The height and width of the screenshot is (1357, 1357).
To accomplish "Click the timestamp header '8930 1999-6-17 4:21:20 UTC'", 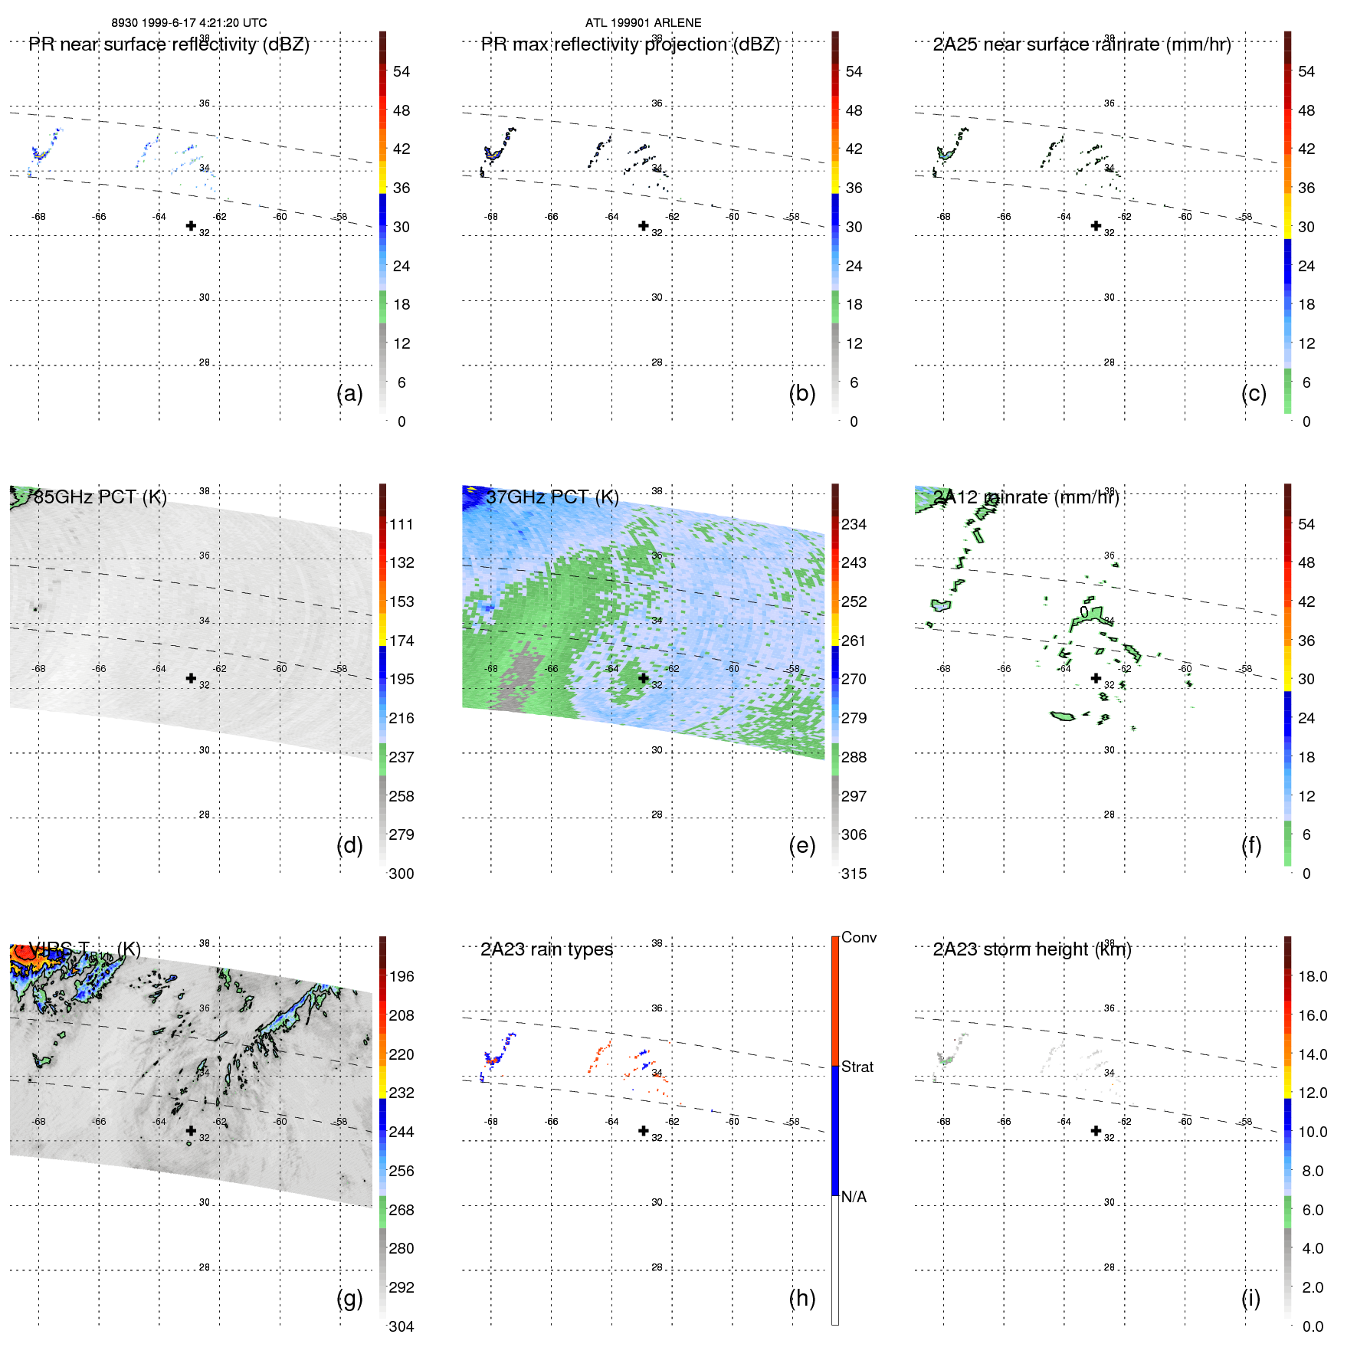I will [x=189, y=23].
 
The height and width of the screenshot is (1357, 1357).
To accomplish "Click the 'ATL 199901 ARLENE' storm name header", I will [x=643, y=23].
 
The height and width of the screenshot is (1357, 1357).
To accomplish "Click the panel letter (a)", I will [x=349, y=393].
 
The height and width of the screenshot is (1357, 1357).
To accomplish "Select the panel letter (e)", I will [x=801, y=845].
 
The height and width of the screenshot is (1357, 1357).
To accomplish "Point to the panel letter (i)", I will [x=1250, y=1298].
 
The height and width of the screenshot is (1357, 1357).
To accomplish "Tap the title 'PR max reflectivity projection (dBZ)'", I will [x=630, y=44].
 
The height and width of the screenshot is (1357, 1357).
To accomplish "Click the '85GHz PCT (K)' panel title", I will [x=100, y=497].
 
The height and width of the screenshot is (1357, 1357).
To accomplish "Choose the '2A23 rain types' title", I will [x=546, y=949].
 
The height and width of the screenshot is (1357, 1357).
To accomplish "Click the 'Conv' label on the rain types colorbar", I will [x=858, y=937].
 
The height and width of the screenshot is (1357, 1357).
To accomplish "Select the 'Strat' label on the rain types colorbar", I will [x=857, y=1067].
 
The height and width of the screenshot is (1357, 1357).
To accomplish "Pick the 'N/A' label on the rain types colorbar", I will [x=854, y=1197].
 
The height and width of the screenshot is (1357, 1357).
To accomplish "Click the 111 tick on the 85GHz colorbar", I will [x=401, y=524].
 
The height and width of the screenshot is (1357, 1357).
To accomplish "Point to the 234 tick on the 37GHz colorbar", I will [x=854, y=524].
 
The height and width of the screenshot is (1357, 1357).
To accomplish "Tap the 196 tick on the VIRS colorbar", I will [x=401, y=976].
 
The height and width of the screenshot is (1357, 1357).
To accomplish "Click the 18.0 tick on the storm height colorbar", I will [x=1312, y=976].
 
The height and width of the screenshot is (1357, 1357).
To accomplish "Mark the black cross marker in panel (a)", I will [x=191, y=225].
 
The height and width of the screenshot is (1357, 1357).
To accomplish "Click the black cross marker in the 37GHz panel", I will [x=644, y=678].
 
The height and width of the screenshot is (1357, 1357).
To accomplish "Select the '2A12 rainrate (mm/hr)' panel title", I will [x=1026, y=497].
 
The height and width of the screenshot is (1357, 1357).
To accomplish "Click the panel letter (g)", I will [x=349, y=1298].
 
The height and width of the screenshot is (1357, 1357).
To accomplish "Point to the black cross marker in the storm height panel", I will [x=1096, y=1130].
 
